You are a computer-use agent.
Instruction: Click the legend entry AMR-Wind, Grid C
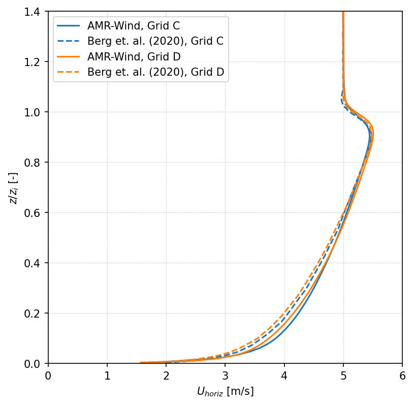click(x=134, y=26)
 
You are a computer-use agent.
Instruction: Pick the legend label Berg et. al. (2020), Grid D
click(x=155, y=72)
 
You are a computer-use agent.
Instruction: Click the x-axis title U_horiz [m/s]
click(x=225, y=392)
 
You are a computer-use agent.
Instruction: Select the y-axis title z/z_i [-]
click(x=13, y=188)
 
